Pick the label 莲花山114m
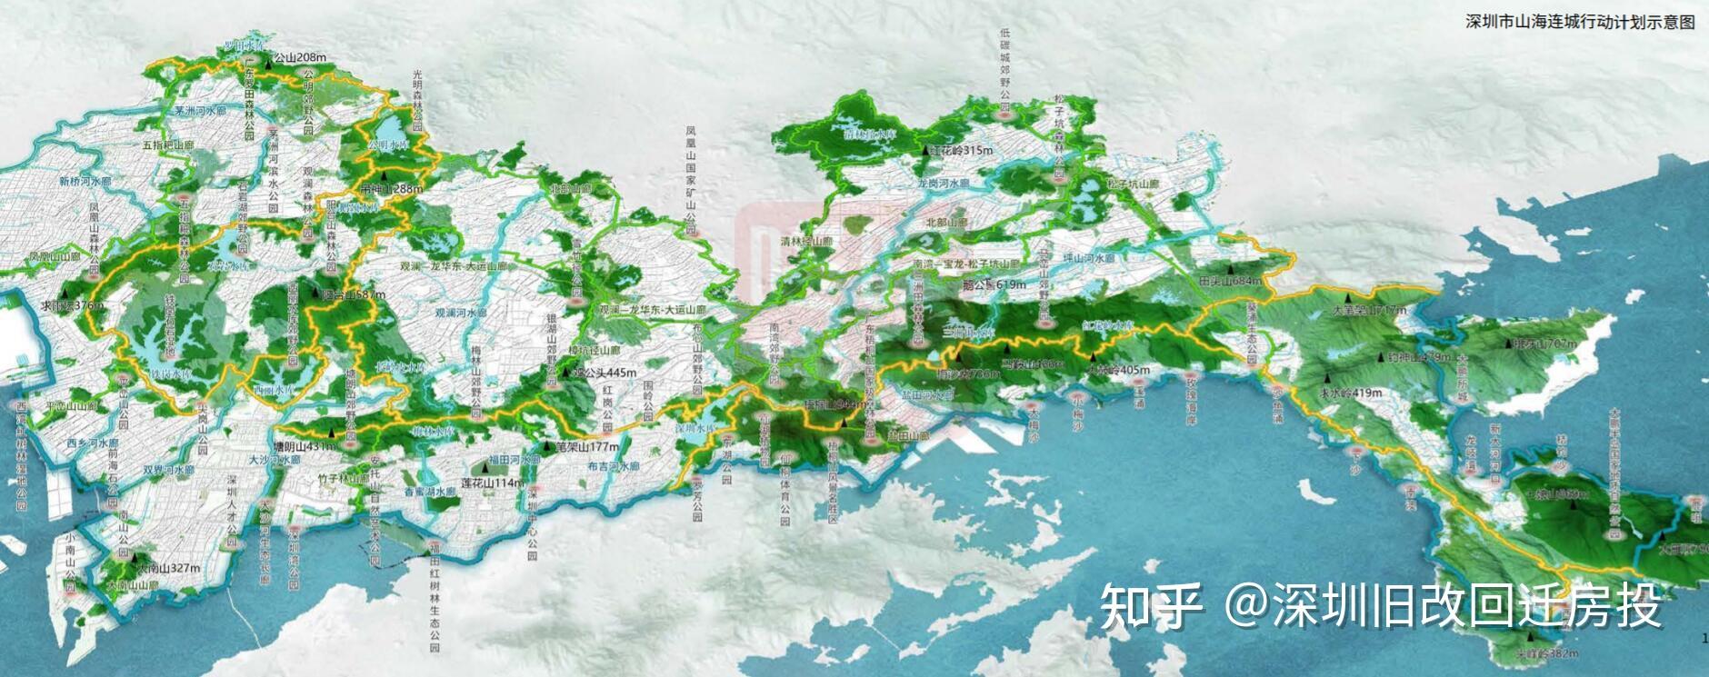point(492,483)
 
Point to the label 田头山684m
point(1230,281)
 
